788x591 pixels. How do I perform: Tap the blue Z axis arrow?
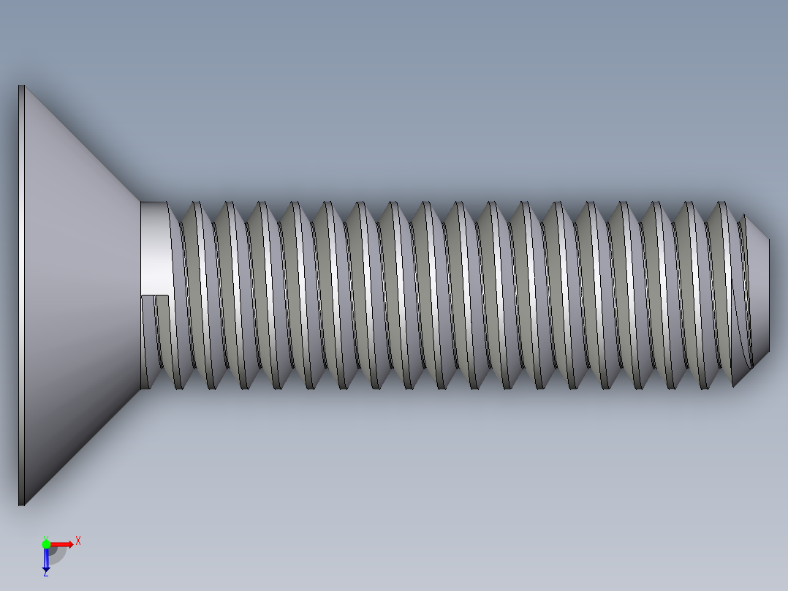[x=46, y=559]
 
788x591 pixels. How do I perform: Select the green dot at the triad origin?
[x=46, y=543]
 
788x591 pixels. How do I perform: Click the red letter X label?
[x=78, y=541]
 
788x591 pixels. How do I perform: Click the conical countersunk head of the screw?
[x=80, y=293]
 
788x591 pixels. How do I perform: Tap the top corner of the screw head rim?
[x=21, y=87]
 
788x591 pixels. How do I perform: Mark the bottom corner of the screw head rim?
[x=21, y=503]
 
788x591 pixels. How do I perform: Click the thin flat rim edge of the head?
[x=21, y=293]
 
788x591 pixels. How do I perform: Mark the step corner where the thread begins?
[x=170, y=295]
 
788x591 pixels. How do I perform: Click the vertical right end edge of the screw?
[x=769, y=293]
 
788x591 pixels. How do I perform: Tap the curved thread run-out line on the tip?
[x=742, y=329]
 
